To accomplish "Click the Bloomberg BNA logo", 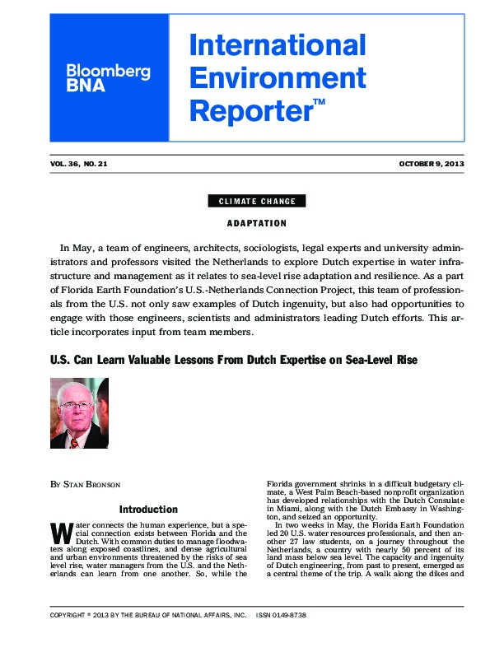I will click(x=108, y=79).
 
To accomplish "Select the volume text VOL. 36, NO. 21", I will click(x=78, y=164).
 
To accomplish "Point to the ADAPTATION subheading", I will click(x=257, y=223).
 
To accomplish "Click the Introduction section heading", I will click(x=148, y=510).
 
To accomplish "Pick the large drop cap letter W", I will click(x=58, y=531).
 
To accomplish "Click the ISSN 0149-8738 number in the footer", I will click(x=282, y=638).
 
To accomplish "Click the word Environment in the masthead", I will click(x=277, y=77).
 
